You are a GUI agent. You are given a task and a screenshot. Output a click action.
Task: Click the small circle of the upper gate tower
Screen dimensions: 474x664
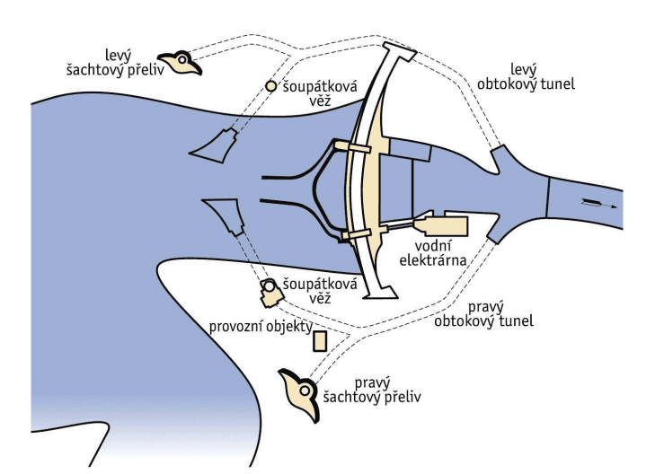coord(270,86)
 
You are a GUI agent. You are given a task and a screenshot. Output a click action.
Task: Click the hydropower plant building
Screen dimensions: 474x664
coord(442,225)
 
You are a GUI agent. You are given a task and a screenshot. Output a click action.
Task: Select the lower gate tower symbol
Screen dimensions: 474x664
coord(269,290)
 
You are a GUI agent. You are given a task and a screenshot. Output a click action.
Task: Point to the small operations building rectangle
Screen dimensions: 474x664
coord(319,341)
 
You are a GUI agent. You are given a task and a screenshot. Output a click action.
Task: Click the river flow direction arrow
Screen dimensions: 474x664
coord(595,203)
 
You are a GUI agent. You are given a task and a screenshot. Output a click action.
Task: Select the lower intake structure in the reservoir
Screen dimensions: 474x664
coord(225,216)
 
